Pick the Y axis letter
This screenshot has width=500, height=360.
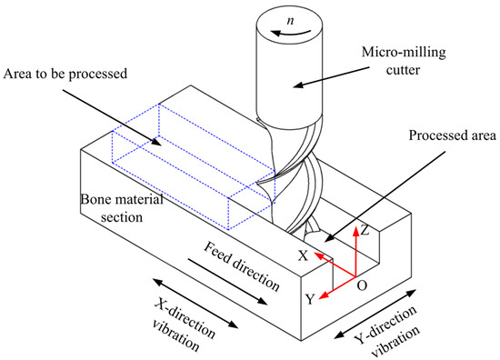(310, 297)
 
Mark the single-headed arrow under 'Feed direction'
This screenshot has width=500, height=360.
(225, 277)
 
